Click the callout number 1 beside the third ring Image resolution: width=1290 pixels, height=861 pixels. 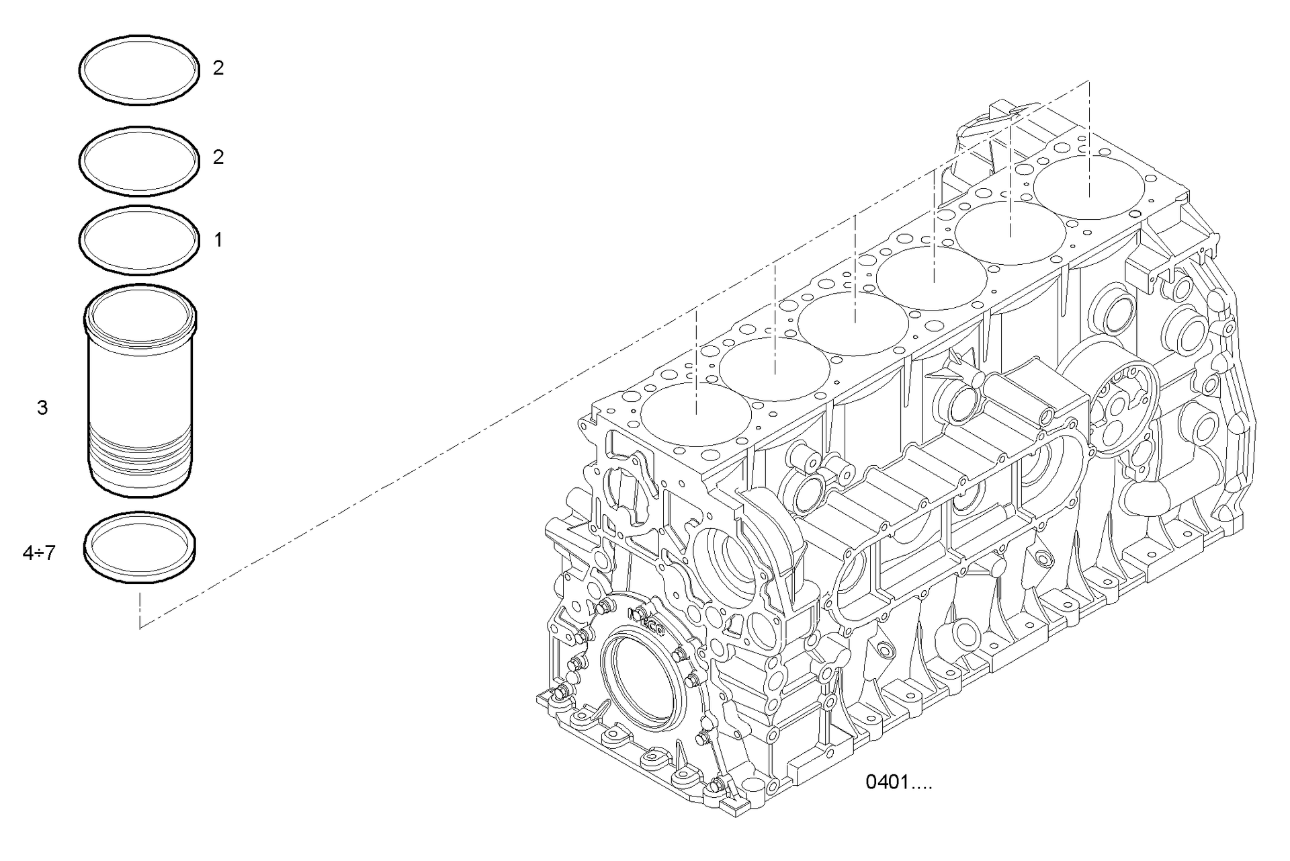point(218,240)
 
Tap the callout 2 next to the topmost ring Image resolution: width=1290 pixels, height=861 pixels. point(218,68)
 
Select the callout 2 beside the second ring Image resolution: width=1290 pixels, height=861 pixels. point(218,157)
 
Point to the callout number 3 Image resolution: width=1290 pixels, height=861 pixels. point(42,407)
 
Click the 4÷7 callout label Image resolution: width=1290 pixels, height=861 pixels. point(39,553)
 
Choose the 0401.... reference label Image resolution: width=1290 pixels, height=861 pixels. point(898,782)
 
